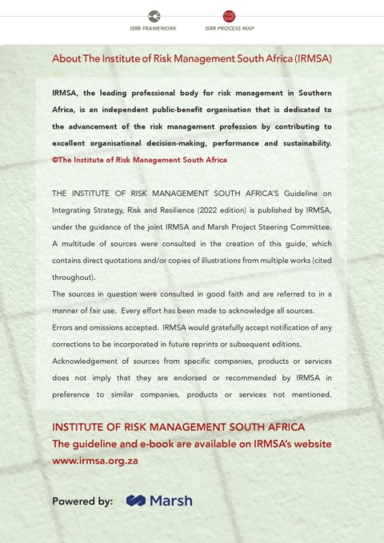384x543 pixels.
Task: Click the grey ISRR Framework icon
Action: click(154, 16)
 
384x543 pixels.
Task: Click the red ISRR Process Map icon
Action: click(230, 16)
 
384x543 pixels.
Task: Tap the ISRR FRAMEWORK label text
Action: click(154, 28)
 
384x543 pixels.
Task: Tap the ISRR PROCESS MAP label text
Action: click(230, 28)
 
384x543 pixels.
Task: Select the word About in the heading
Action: click(66, 59)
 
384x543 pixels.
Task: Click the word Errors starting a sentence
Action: click(64, 327)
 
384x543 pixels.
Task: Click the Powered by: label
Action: click(82, 501)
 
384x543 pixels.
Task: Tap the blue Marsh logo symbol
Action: click(135, 501)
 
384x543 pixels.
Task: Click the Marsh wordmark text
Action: click(170, 501)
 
